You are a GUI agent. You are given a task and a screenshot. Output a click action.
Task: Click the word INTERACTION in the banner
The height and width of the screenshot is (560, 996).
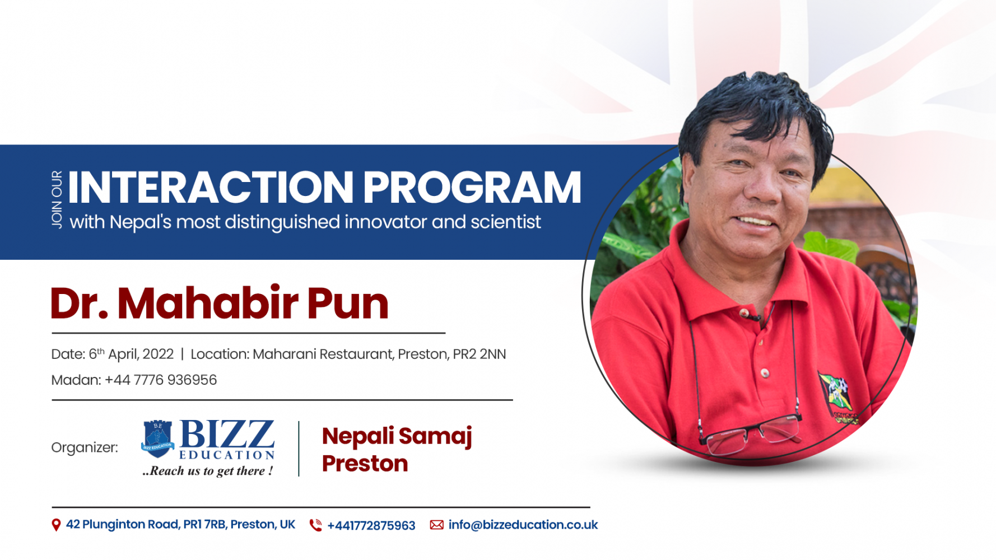point(211,187)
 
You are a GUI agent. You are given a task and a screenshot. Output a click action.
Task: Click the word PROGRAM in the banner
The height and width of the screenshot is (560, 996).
point(472,187)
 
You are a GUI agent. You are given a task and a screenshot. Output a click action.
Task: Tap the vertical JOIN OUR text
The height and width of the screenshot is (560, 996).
point(57,199)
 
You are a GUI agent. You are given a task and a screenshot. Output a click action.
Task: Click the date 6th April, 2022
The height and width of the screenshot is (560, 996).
point(131,354)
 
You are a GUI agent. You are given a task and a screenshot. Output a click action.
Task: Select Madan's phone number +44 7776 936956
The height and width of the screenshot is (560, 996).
point(161,380)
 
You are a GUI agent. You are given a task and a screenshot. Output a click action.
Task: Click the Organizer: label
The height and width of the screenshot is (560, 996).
point(85,447)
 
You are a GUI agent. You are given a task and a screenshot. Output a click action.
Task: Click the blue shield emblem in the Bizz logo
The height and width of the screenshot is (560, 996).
point(157,438)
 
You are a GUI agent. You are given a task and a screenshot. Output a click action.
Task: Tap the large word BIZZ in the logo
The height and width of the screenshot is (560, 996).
point(227,435)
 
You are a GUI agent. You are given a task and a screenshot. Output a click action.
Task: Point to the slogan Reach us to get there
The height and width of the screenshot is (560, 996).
point(208,471)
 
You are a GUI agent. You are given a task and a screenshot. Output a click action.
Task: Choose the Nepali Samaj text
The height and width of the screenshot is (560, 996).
point(397,436)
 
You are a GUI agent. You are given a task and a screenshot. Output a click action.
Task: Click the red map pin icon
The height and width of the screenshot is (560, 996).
point(56,525)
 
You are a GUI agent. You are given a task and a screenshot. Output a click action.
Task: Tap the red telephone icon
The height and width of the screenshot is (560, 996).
point(316,525)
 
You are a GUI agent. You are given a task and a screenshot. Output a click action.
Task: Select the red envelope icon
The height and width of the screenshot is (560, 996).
point(436,525)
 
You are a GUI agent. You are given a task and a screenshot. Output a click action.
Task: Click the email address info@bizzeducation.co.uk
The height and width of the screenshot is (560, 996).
point(523,525)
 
